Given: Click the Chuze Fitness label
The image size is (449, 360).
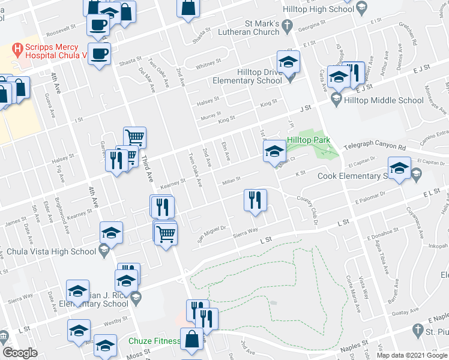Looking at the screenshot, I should click(x=154, y=341).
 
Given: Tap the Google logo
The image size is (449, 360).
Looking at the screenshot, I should click(x=19, y=353).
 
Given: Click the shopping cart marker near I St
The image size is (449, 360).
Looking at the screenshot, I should click(x=134, y=137).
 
